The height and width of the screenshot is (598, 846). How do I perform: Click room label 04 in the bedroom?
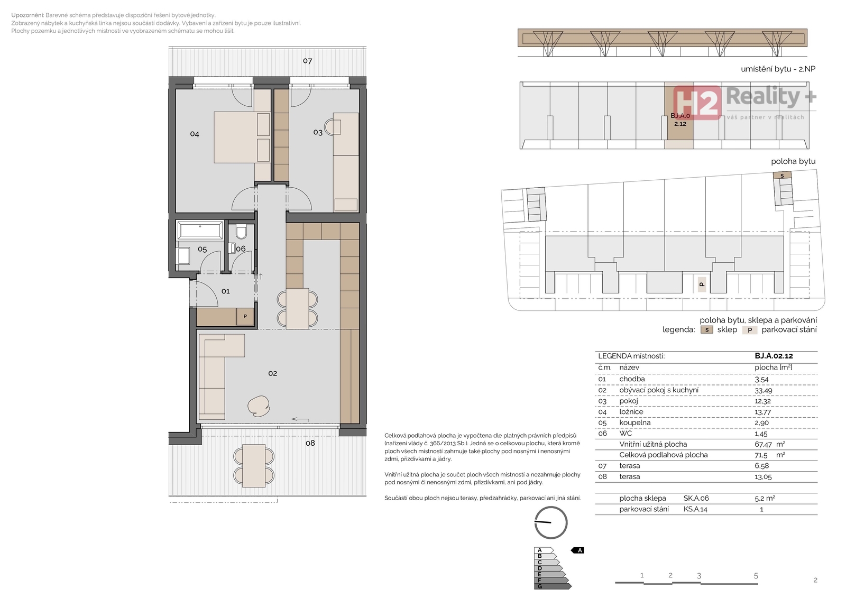[195, 134]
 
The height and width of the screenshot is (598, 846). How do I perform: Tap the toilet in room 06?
[241, 232]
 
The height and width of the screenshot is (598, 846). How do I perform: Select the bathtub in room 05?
[200, 230]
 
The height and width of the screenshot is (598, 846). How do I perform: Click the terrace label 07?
[307, 61]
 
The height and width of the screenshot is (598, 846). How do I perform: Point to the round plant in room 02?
[259, 406]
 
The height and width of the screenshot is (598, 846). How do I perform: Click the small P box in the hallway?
[245, 317]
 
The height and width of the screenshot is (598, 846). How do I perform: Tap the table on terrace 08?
[254, 465]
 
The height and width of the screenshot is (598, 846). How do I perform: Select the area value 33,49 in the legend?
[764, 390]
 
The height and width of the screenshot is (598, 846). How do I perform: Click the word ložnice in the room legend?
[631, 412]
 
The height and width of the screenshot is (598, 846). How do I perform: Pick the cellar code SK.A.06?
[696, 498]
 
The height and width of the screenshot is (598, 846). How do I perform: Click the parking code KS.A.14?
[695, 509]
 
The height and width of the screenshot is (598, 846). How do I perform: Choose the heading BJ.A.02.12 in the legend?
[774, 356]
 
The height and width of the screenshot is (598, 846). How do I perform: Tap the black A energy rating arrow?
[577, 550]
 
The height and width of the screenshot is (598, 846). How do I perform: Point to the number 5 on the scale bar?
[756, 576]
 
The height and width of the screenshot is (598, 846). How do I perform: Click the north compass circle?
[551, 522]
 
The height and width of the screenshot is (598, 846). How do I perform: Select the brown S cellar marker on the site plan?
[782, 176]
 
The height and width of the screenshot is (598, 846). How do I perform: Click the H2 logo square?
[697, 103]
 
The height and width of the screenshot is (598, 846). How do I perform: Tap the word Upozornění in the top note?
[27, 15]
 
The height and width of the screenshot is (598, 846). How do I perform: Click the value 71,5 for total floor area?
[761, 455]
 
